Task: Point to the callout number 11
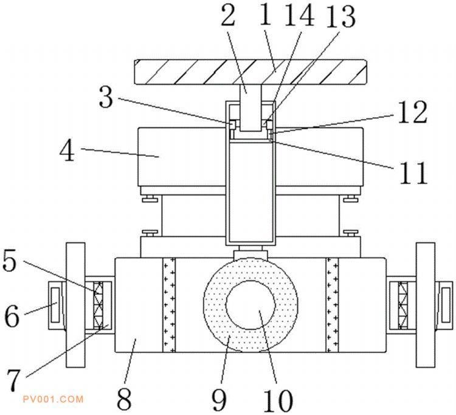(x=414, y=173)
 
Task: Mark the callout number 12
(x=414, y=113)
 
